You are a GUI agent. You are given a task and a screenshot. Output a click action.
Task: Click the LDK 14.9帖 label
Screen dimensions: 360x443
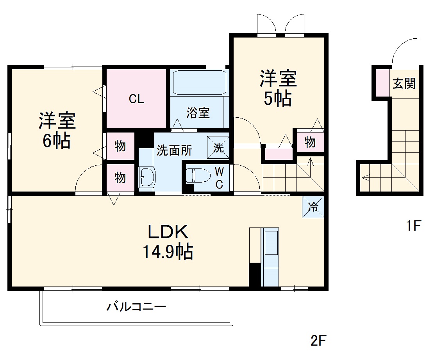(x=168, y=242)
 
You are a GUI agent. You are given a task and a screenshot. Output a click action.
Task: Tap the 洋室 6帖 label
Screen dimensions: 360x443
(x=57, y=131)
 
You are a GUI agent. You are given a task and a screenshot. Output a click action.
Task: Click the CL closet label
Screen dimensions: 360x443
(x=137, y=99)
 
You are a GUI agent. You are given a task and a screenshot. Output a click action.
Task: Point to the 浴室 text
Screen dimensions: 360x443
(x=198, y=113)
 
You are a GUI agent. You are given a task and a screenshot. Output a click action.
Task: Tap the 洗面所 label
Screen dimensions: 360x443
(x=174, y=150)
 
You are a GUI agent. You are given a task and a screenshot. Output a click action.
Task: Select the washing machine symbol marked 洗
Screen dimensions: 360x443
(x=218, y=147)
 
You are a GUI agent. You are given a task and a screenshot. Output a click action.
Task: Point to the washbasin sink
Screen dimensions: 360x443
(x=147, y=177)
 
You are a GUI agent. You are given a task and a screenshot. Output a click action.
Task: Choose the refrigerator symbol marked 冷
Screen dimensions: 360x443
(x=313, y=206)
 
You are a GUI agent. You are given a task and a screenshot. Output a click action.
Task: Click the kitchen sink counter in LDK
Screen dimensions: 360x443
(x=270, y=258)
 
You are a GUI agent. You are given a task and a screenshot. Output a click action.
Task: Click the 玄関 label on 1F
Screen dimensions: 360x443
(x=404, y=83)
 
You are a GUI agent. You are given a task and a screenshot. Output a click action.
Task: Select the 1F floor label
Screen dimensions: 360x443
(x=413, y=226)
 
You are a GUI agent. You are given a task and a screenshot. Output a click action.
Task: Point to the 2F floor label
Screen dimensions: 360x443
(x=318, y=341)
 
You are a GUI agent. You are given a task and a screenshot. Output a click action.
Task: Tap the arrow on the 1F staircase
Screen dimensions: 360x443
(x=366, y=178)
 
